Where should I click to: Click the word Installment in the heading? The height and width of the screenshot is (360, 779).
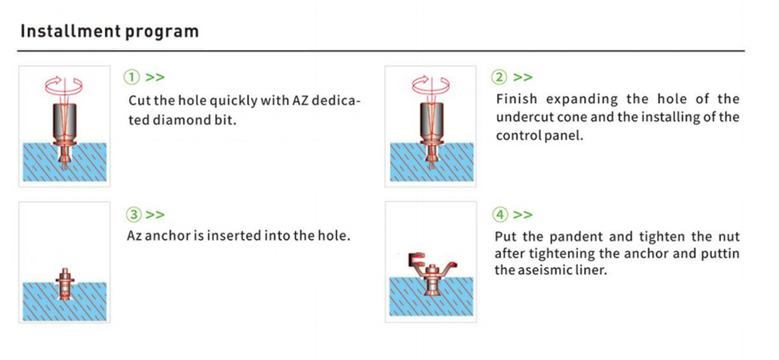click(x=71, y=31)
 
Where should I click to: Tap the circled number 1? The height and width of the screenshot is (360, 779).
click(x=132, y=77)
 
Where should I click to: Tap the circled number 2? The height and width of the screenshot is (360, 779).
click(x=499, y=77)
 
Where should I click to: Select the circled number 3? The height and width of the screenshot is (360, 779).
click(x=134, y=214)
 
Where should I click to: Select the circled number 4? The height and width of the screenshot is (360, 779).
click(x=500, y=214)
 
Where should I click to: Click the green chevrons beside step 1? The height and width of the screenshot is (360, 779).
click(x=155, y=77)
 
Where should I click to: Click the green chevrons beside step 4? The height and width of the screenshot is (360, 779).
click(x=523, y=214)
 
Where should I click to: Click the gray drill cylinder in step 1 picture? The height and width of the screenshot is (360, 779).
click(x=65, y=121)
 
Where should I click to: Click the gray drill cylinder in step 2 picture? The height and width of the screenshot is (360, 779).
click(x=432, y=121)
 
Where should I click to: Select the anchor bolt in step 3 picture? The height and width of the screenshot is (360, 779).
click(x=65, y=284)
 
